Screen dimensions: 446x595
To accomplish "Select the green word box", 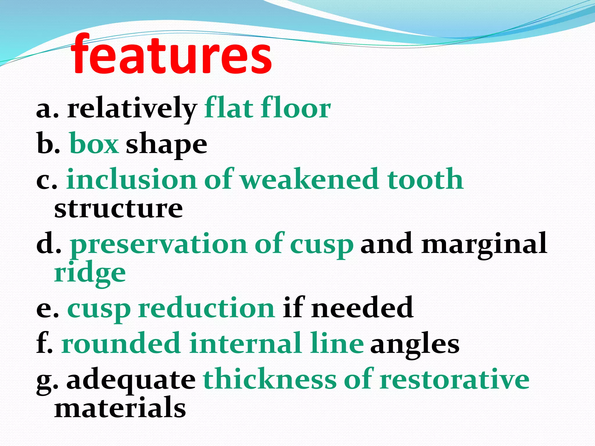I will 94,144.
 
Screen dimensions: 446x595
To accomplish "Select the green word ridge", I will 90,274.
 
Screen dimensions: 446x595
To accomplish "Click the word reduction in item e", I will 206,308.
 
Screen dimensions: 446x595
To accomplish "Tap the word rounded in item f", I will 121,344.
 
